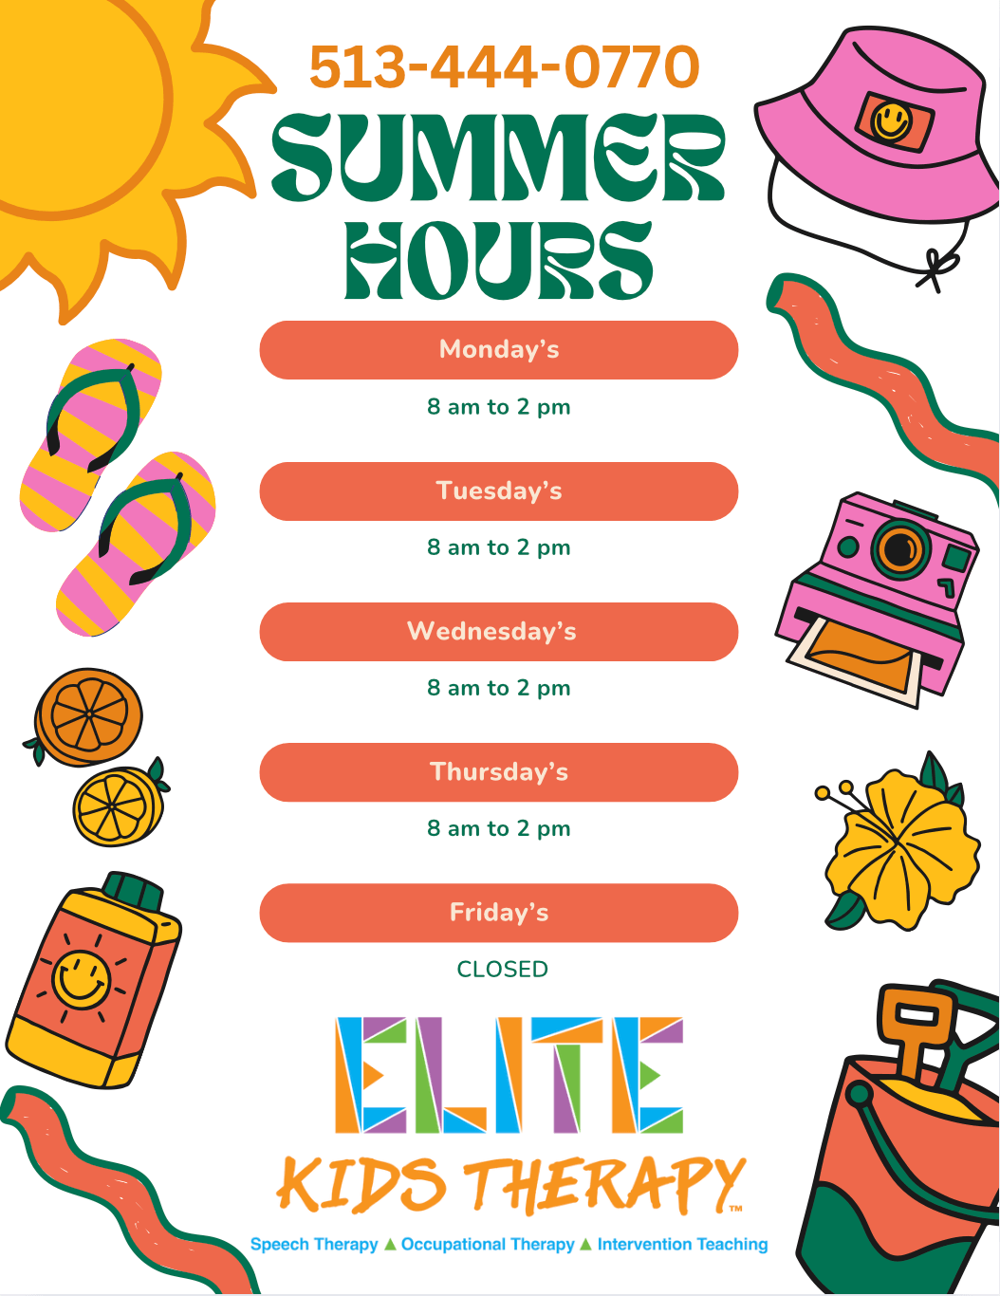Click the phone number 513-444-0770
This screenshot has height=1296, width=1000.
pyautogui.click(x=504, y=66)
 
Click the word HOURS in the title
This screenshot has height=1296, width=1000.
pyautogui.click(x=498, y=260)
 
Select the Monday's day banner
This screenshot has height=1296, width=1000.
pyautogui.click(x=498, y=350)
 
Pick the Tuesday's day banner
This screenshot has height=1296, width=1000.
pyautogui.click(x=498, y=491)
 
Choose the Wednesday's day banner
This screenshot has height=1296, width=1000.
pyautogui.click(x=498, y=632)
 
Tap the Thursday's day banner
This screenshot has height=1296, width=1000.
pyautogui.click(x=498, y=772)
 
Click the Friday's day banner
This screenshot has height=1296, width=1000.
pyautogui.click(x=498, y=913)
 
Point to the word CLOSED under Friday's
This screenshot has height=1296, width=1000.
pyautogui.click(x=502, y=970)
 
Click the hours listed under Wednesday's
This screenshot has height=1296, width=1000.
pyautogui.click(x=498, y=688)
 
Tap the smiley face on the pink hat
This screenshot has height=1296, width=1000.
pyautogui.click(x=892, y=121)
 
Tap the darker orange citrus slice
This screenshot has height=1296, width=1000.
pyautogui.click(x=88, y=716)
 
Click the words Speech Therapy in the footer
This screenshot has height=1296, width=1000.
pyautogui.click(x=314, y=1244)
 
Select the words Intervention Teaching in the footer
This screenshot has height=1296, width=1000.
pyautogui.click(x=682, y=1244)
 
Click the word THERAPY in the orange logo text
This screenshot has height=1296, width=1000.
pyautogui.click(x=604, y=1184)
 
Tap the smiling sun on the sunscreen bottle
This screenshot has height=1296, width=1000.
pyautogui.click(x=81, y=979)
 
